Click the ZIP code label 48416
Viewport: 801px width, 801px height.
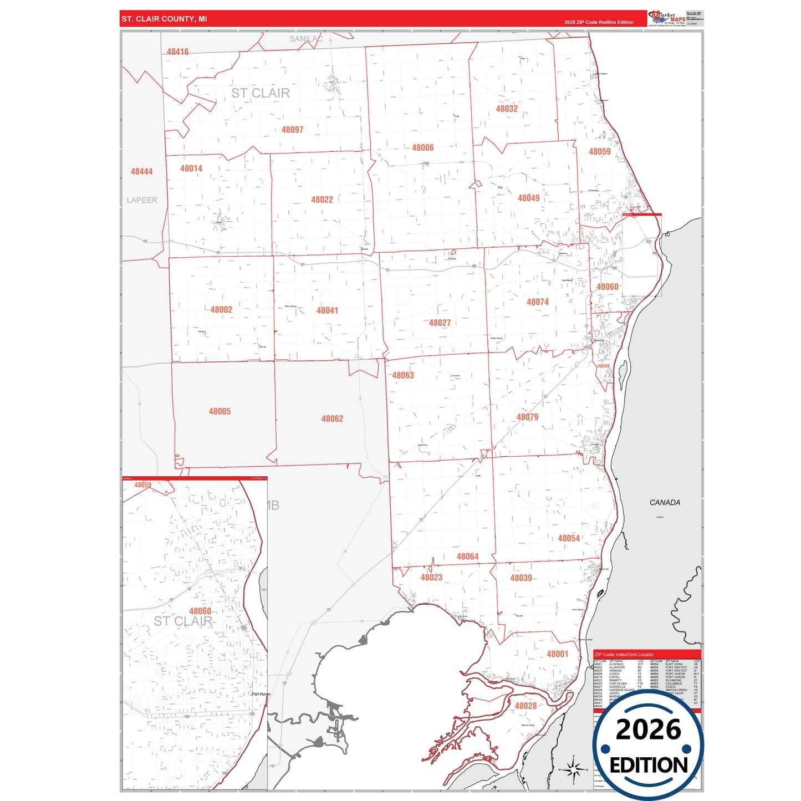tap(177, 52)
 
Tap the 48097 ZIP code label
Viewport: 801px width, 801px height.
tap(292, 130)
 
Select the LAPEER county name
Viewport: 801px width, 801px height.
tap(142, 200)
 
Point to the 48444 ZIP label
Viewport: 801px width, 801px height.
tap(141, 172)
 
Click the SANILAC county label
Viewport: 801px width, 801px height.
tap(305, 39)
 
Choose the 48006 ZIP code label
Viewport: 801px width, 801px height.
tap(422, 148)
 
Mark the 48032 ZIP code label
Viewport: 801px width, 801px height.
tap(507, 109)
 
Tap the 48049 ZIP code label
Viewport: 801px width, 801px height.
tap(528, 198)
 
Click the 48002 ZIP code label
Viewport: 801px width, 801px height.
tap(221, 310)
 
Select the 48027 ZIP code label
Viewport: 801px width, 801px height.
tap(440, 323)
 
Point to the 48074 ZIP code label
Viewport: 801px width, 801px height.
tap(537, 302)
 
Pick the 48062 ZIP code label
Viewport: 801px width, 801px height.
tap(332, 419)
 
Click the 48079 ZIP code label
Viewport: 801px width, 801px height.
tap(527, 417)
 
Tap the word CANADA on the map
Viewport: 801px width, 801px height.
tap(665, 503)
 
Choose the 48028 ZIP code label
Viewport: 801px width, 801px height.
tap(526, 706)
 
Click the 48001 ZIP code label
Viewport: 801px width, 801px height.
tap(557, 654)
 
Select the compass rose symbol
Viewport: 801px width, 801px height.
tap(574, 769)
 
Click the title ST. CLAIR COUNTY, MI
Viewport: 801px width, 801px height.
tap(164, 19)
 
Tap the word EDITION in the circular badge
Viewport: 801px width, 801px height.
tap(649, 766)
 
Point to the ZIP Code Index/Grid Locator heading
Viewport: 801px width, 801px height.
tap(624, 655)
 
